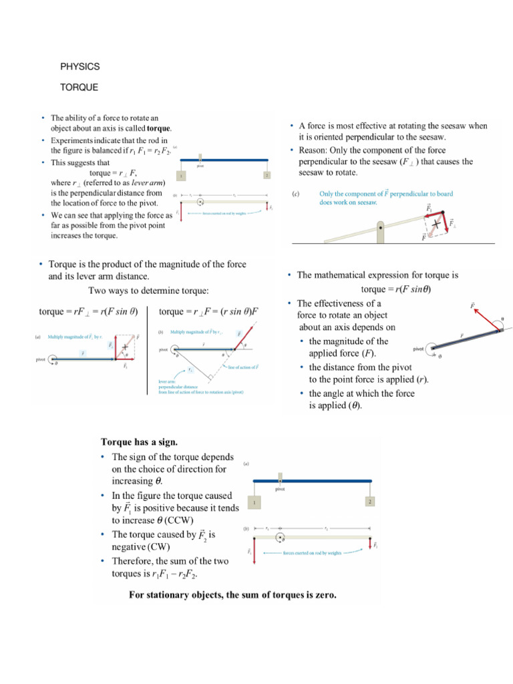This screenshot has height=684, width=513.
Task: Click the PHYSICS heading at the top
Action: point(80,67)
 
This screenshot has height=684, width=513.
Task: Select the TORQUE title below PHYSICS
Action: point(79,88)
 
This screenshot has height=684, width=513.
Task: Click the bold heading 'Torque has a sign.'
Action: point(140,442)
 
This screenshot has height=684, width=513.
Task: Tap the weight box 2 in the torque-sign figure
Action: point(368,501)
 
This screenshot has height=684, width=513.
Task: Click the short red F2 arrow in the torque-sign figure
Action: point(369,543)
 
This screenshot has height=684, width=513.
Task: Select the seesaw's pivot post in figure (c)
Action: point(380,232)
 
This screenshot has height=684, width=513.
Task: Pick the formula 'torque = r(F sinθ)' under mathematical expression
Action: point(395,289)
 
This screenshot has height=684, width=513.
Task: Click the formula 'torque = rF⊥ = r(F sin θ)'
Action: point(88,312)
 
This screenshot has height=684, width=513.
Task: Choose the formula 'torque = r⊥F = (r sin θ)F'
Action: point(209,312)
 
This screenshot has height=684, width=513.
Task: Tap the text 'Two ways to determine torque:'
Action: point(148,291)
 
